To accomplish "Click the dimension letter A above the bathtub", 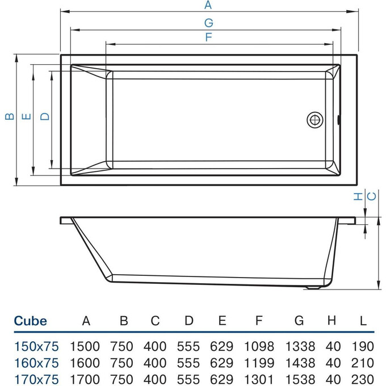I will (x=208, y=6).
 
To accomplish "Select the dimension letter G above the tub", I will (x=208, y=23).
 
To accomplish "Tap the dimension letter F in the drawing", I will (x=208, y=37).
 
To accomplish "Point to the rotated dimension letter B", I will (x=9, y=117).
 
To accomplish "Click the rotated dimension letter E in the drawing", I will (x=26, y=117).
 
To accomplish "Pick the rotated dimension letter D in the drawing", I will (x=45, y=117).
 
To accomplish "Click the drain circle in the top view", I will (x=315, y=120).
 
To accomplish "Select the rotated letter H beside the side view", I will (x=358, y=196).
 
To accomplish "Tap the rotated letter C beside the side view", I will (x=372, y=196).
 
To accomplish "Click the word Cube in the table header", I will (x=30, y=321).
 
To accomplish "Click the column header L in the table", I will (x=363, y=321).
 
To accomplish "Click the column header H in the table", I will (x=332, y=321).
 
